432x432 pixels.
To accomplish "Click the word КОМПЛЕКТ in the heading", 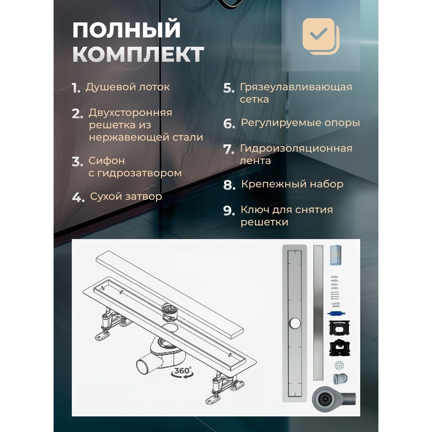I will [x=138, y=54].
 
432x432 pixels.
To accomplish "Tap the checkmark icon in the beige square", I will [x=319, y=34].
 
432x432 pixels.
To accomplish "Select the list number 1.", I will [x=76, y=88].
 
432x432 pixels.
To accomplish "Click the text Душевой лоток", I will [x=128, y=87].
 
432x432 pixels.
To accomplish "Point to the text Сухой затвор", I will [x=126, y=197].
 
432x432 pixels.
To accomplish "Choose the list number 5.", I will [x=229, y=88].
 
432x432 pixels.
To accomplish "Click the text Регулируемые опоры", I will [x=300, y=123].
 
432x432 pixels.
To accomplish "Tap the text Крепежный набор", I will [x=292, y=184].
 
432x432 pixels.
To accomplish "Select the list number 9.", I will [x=229, y=211].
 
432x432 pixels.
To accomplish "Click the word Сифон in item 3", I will [x=107, y=161].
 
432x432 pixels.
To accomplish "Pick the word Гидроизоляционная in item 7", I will [x=296, y=148].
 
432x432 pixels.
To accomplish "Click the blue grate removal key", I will [x=336, y=314].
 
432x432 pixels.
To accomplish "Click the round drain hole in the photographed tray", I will [x=295, y=323].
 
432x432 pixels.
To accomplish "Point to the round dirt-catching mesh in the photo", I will [x=339, y=365].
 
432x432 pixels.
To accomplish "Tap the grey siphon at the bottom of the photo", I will [x=331, y=399].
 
